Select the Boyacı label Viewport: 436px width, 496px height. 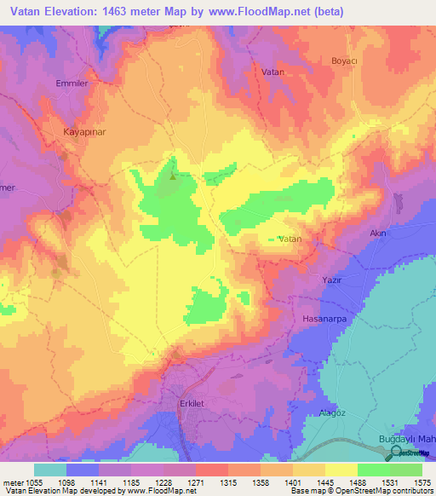(345, 61)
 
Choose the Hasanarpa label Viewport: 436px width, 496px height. (324, 318)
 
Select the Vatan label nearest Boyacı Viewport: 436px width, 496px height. (273, 73)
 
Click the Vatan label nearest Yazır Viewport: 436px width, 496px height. (290, 239)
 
